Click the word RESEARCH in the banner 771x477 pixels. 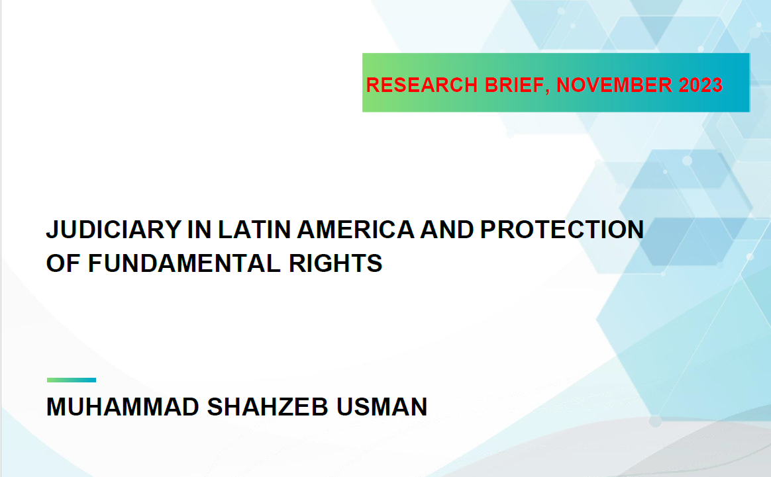coord(422,85)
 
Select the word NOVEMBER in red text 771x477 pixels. coord(614,85)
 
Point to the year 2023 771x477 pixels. coord(701,85)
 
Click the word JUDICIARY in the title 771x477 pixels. coord(114,230)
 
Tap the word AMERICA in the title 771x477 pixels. coord(356,230)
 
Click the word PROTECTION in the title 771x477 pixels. coord(562,230)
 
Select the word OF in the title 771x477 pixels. coord(64,263)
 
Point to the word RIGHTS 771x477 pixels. coord(335,263)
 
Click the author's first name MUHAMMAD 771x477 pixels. coord(123,407)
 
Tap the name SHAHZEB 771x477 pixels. coord(268,407)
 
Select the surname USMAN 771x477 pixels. coord(382,407)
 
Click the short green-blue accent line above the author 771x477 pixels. coord(72,380)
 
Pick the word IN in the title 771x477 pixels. coord(199,230)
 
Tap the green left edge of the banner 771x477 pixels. coord(363,83)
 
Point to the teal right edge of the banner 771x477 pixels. coord(749,83)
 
